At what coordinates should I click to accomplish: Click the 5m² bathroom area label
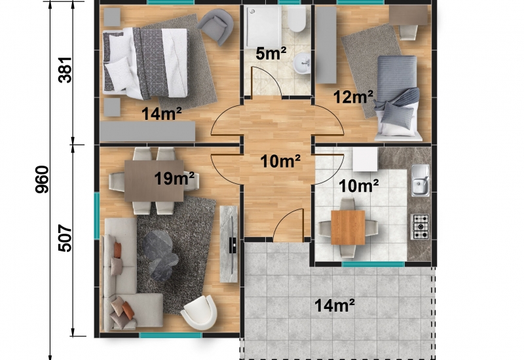(271, 54)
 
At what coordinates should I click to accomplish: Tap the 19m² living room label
(174, 179)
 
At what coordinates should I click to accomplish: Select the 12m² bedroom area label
(353, 97)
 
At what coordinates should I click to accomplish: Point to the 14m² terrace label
(335, 305)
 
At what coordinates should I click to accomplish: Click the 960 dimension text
(42, 179)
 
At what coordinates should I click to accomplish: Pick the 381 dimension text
(65, 70)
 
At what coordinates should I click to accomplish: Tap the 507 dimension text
(65, 238)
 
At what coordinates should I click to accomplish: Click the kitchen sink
(421, 181)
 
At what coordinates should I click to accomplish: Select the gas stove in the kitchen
(420, 226)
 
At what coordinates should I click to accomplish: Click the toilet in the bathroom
(297, 19)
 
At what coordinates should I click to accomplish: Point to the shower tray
(264, 27)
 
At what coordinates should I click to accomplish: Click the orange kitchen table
(348, 227)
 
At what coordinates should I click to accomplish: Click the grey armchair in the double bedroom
(216, 26)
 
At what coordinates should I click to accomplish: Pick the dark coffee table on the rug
(160, 255)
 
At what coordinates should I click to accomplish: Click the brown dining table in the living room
(154, 181)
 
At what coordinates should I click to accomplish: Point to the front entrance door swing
(289, 225)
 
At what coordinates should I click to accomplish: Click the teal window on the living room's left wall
(96, 216)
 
